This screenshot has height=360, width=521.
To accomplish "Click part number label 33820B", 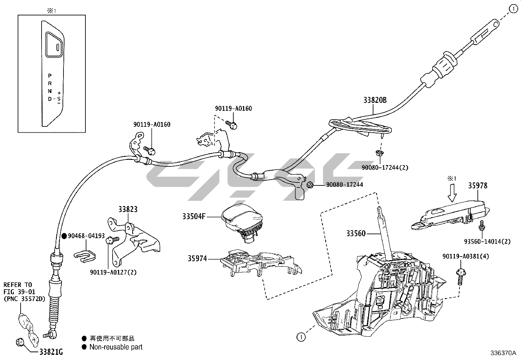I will (375, 100).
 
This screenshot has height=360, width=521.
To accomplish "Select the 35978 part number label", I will (477, 186).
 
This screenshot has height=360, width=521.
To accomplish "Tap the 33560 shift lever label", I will (356, 234).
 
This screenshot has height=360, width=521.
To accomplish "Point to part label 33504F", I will (194, 217).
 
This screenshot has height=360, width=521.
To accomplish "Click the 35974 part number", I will (197, 258).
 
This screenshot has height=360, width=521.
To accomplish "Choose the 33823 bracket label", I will (128, 209).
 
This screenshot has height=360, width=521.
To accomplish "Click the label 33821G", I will (51, 352).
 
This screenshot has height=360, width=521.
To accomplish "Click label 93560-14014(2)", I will (487, 241).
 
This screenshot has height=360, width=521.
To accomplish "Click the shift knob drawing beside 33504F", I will (242, 221).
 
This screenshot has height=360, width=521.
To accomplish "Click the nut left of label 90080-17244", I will (309, 186).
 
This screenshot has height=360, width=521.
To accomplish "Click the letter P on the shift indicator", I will (50, 75).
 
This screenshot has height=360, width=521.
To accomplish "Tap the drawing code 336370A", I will (503, 353).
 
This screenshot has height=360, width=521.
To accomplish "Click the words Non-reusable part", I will (116, 347).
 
